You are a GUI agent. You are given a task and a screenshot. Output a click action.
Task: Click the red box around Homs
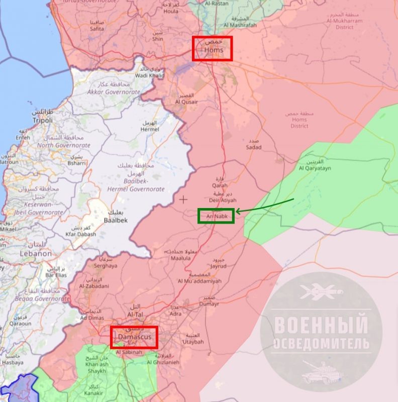pyautogui.click(x=213, y=48)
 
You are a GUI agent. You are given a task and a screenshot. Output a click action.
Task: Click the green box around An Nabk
pyautogui.click(x=216, y=216)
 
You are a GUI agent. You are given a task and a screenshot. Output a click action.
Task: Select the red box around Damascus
pyautogui.click(x=134, y=337)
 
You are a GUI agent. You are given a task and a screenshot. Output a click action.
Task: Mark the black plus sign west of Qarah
pyautogui.click(x=184, y=199)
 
